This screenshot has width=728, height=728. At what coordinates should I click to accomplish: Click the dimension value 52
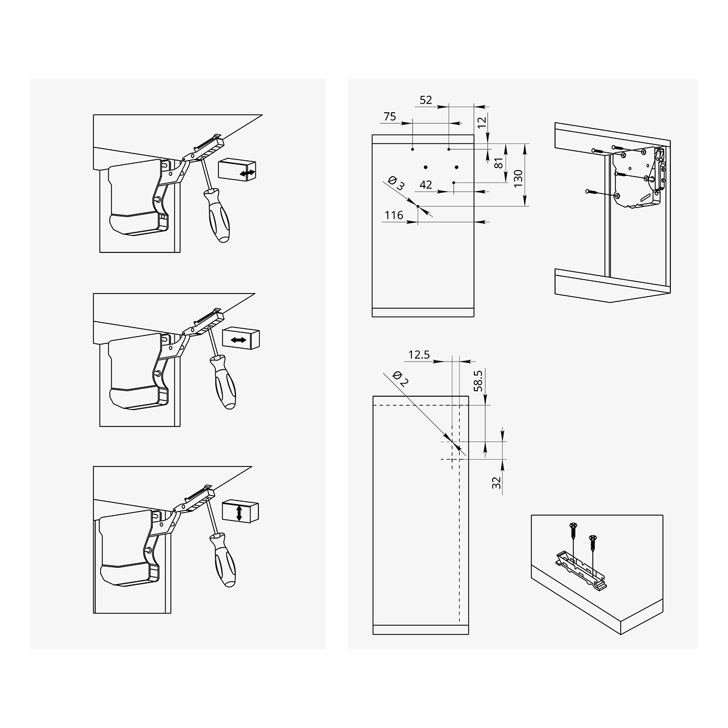(426, 100)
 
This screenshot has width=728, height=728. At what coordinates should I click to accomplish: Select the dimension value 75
(390, 116)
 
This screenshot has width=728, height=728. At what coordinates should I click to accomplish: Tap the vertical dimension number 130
(518, 178)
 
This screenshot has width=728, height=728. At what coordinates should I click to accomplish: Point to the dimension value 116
(394, 215)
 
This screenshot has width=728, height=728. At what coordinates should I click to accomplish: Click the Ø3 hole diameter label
(396, 183)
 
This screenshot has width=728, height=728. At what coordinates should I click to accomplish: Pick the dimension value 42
(426, 185)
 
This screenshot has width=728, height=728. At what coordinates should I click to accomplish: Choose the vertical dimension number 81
(499, 163)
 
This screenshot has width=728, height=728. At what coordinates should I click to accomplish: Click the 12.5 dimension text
(419, 355)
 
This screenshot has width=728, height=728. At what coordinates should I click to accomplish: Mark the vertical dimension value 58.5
(478, 381)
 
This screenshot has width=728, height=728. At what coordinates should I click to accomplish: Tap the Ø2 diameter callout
(400, 379)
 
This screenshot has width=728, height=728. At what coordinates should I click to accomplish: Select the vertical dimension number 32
(496, 483)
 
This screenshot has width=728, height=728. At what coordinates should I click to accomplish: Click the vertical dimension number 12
(482, 123)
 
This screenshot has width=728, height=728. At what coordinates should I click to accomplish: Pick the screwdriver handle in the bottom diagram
(224, 560)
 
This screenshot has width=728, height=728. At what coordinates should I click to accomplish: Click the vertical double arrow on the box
(239, 513)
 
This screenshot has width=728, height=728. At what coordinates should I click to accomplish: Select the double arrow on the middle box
(238, 340)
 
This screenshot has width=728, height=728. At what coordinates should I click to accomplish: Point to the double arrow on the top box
(248, 174)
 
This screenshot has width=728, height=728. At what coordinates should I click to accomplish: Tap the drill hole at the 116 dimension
(418, 206)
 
